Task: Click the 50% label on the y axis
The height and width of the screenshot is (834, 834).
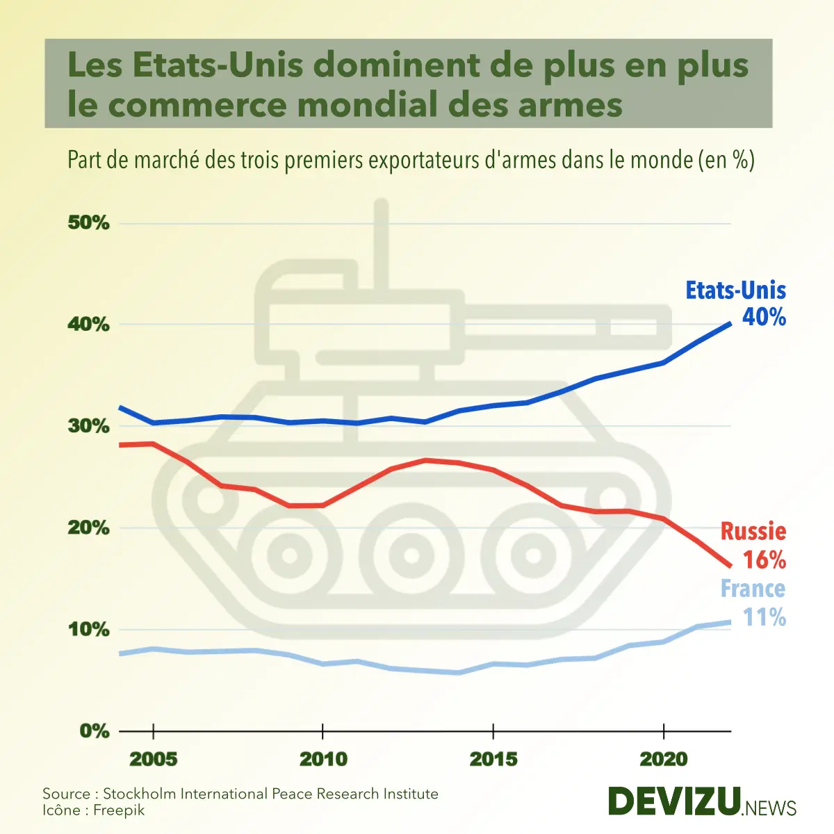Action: (x=88, y=223)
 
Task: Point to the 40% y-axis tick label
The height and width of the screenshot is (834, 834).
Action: (x=88, y=325)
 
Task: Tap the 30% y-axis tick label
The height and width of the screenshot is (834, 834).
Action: (x=88, y=426)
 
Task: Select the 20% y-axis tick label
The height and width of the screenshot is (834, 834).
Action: (x=88, y=528)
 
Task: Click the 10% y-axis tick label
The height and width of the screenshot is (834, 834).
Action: (x=88, y=630)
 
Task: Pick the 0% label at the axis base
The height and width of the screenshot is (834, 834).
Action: (x=94, y=731)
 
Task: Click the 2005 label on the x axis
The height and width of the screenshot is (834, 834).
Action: (x=154, y=759)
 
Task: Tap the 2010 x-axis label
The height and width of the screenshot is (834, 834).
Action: (x=323, y=759)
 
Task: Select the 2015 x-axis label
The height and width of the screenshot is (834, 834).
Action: (x=493, y=759)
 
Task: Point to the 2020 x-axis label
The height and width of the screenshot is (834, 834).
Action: (x=664, y=759)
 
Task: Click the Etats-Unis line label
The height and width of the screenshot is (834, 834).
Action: (x=735, y=290)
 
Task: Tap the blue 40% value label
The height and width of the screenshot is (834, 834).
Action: (x=764, y=318)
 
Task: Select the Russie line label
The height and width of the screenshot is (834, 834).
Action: (x=753, y=532)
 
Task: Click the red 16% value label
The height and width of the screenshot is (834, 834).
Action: (x=764, y=560)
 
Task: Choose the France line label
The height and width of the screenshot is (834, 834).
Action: (x=753, y=589)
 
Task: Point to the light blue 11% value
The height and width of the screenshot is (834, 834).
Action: (x=764, y=617)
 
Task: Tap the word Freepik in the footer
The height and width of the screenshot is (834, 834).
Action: (x=119, y=810)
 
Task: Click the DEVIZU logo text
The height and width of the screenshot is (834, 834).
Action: (x=674, y=802)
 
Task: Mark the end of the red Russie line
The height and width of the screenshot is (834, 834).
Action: (x=730, y=566)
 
